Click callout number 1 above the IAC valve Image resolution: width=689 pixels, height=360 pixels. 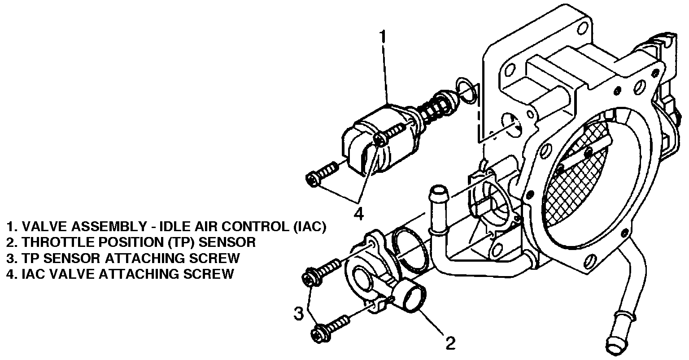pyautogui.click(x=382, y=37)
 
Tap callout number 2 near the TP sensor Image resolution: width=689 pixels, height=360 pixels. pyautogui.click(x=450, y=343)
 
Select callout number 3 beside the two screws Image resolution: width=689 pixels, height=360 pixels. pyautogui.click(x=299, y=313)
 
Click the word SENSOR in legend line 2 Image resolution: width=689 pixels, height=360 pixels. pyautogui.click(x=227, y=242)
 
